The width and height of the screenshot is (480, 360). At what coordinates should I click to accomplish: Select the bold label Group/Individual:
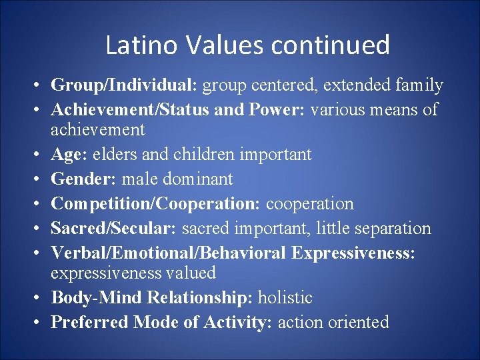pyautogui.click(x=125, y=85)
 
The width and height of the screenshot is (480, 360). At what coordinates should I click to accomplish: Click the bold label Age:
pyautogui.click(x=67, y=155)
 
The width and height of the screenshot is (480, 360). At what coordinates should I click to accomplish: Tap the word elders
pyautogui.click(x=112, y=155)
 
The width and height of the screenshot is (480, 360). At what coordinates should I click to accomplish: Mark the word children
pyautogui.click(x=203, y=155)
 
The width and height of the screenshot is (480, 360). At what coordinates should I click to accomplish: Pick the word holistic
pyautogui.click(x=289, y=298)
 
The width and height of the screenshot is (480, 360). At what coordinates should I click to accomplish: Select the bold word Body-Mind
pyautogui.click(x=91, y=298)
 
